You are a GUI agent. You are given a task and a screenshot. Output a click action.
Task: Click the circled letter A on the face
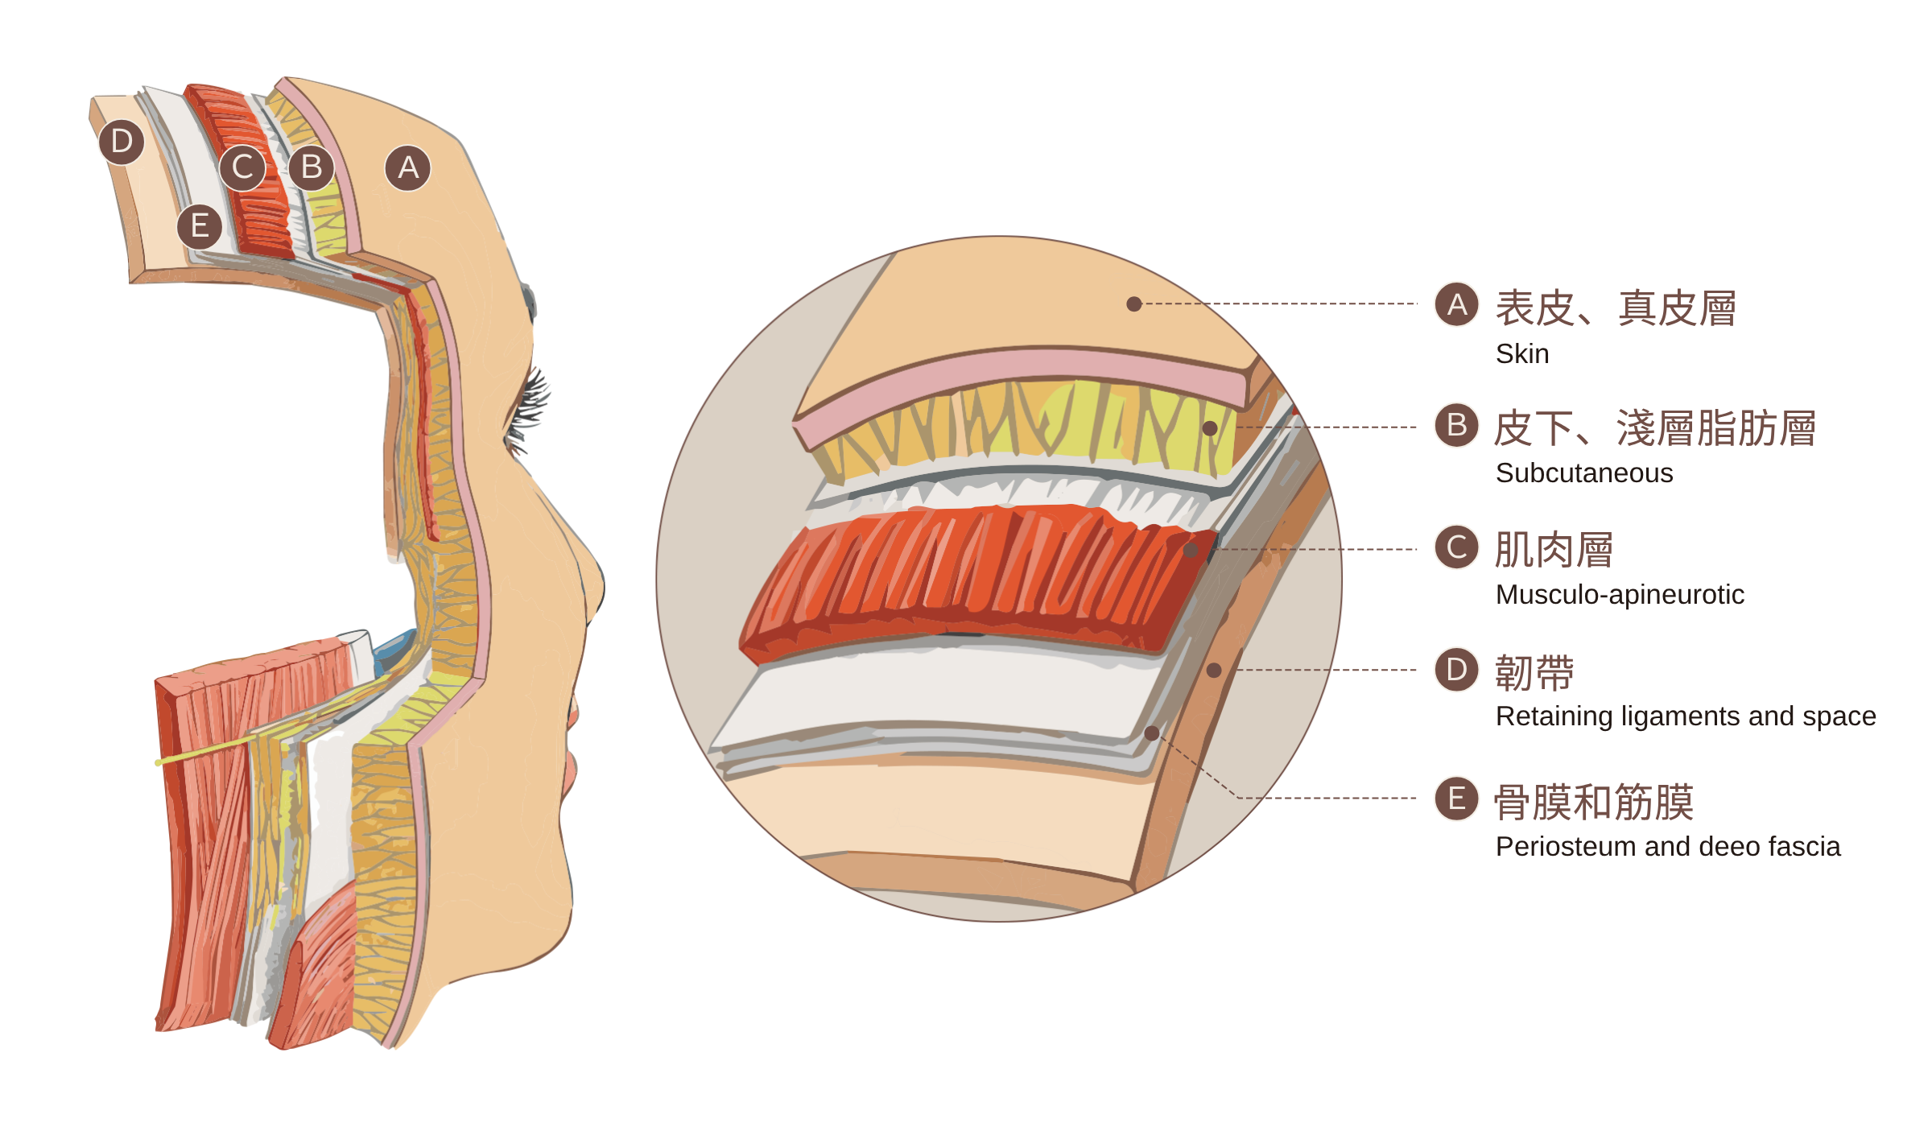pyautogui.click(x=408, y=168)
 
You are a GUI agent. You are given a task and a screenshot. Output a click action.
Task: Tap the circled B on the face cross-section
pyautogui.click(x=312, y=167)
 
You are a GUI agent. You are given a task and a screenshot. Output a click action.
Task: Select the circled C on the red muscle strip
pyautogui.click(x=242, y=167)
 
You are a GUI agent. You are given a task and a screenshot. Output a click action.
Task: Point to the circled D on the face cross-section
pyautogui.click(x=122, y=142)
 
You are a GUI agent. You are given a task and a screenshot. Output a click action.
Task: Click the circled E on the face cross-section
pyautogui.click(x=200, y=227)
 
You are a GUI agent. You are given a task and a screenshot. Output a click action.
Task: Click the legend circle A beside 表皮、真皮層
pyautogui.click(x=1456, y=304)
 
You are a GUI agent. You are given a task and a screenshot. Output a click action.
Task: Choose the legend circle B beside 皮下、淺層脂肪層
pyautogui.click(x=1456, y=425)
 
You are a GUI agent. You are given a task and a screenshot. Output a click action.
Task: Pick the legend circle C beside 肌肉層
pyautogui.click(x=1456, y=547)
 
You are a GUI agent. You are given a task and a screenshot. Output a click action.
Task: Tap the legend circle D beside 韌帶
pyautogui.click(x=1456, y=670)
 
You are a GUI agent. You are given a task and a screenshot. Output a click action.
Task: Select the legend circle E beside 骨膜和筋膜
pyautogui.click(x=1456, y=799)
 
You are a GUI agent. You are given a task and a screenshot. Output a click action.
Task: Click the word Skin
pyautogui.click(x=1521, y=354)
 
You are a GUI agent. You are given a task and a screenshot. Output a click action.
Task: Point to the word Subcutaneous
pyautogui.click(x=1583, y=473)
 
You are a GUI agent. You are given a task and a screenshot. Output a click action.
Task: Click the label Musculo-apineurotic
pyautogui.click(x=1619, y=595)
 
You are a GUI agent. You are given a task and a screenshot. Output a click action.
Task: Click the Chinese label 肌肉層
pyautogui.click(x=1554, y=551)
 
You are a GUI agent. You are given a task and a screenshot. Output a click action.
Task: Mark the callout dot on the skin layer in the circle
pyautogui.click(x=1134, y=304)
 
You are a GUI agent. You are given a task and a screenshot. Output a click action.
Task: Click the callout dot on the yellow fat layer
pyautogui.click(x=1210, y=428)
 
